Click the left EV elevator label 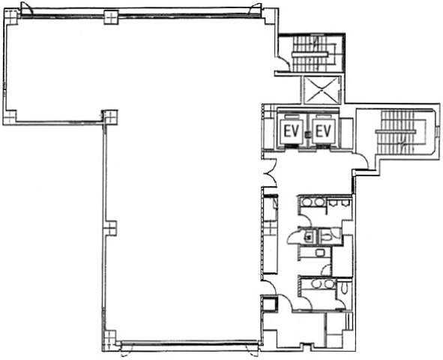292,131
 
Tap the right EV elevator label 323,131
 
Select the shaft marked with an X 322,90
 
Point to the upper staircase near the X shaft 313,54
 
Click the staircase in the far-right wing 401,132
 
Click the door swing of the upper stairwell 283,64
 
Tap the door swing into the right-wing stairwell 362,161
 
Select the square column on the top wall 111,17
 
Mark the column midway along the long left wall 110,228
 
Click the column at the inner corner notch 110,116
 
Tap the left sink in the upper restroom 306,202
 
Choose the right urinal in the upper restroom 344,203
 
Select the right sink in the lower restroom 328,284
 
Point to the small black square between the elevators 307,134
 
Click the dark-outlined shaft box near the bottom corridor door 268,303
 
